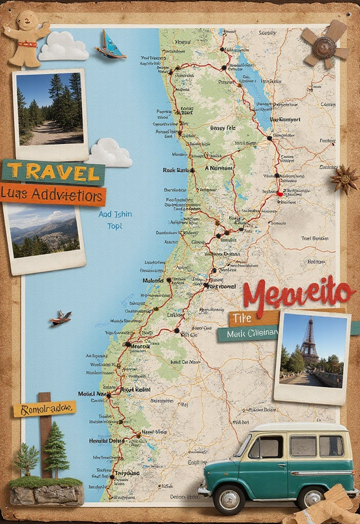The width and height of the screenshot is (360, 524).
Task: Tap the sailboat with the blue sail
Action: coord(111,45)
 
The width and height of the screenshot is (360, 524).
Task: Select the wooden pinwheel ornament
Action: coord(324,45)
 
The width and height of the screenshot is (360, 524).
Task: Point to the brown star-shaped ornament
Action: coord(345,179)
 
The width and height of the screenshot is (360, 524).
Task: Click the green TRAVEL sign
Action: coord(53,172)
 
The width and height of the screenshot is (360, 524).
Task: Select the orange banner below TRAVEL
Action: coord(53,195)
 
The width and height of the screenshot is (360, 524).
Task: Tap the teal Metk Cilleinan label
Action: coord(247,334)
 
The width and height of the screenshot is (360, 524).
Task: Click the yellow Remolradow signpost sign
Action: coord(44,408)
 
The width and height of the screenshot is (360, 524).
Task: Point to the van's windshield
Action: coord(244,446)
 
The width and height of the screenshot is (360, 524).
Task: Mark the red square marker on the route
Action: coord(279,194)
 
